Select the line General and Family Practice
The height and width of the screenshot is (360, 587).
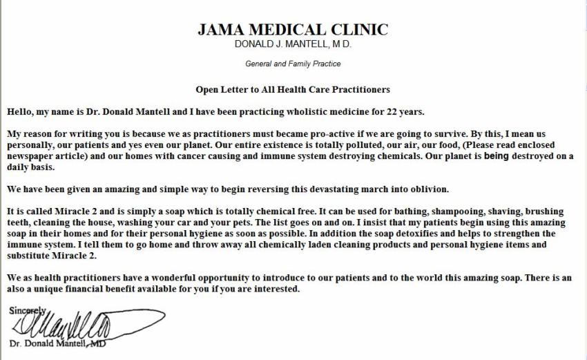(293, 64)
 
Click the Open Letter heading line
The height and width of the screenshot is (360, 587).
(293, 89)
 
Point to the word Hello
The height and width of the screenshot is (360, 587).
(21, 111)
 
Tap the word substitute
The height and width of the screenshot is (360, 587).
(30, 256)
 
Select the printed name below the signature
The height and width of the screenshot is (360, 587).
(57, 343)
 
